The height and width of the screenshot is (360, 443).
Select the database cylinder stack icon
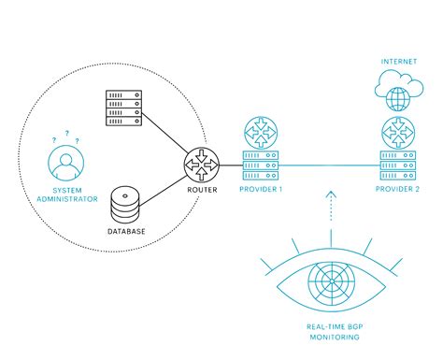125,203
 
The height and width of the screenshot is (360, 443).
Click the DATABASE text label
125,230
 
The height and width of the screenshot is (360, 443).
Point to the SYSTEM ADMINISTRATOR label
64,194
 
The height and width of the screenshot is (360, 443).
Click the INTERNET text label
396,61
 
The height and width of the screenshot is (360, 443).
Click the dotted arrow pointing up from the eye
330,210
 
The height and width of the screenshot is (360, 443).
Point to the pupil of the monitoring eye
330,279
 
